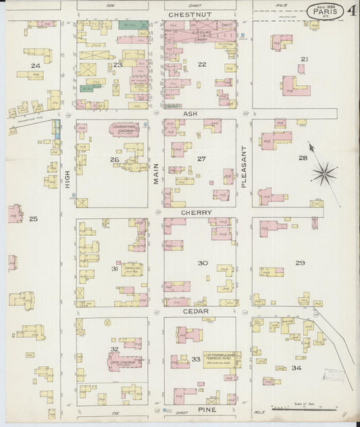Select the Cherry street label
click(197, 212)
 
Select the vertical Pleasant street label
click(244, 167)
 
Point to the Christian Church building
click(124, 128)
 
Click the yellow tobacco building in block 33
click(219, 358)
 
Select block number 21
click(304, 59)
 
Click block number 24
click(35, 65)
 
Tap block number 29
click(300, 263)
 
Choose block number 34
click(296, 368)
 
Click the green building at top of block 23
click(133, 25)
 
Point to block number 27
click(201, 159)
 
